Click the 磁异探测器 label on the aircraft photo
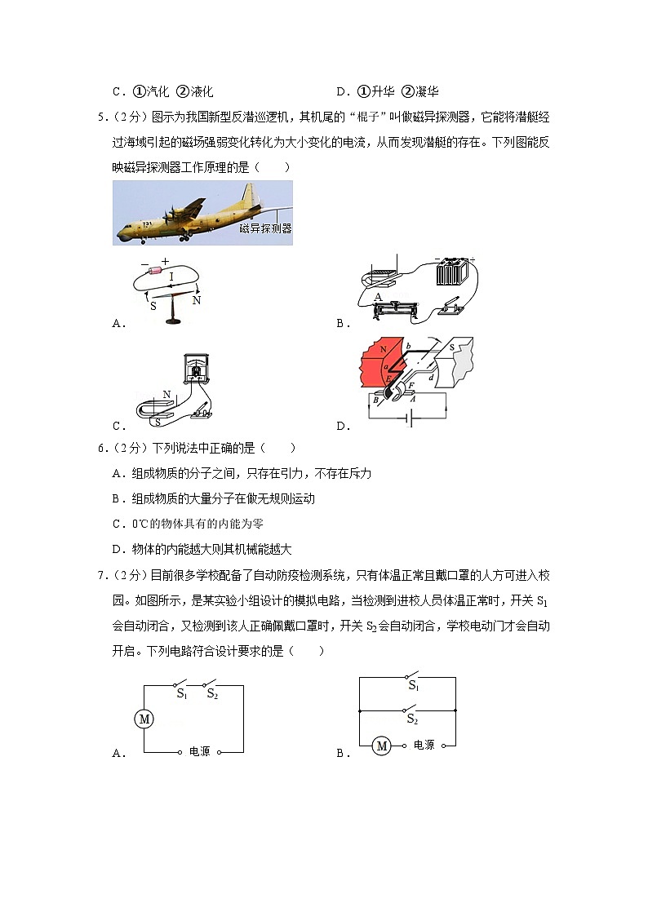[265, 229]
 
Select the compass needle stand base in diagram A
[172, 322]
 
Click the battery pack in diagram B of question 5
[451, 272]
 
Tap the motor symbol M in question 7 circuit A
[144, 719]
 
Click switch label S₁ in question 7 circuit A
[182, 693]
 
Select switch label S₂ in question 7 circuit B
[412, 720]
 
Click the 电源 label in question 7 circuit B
[424, 745]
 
